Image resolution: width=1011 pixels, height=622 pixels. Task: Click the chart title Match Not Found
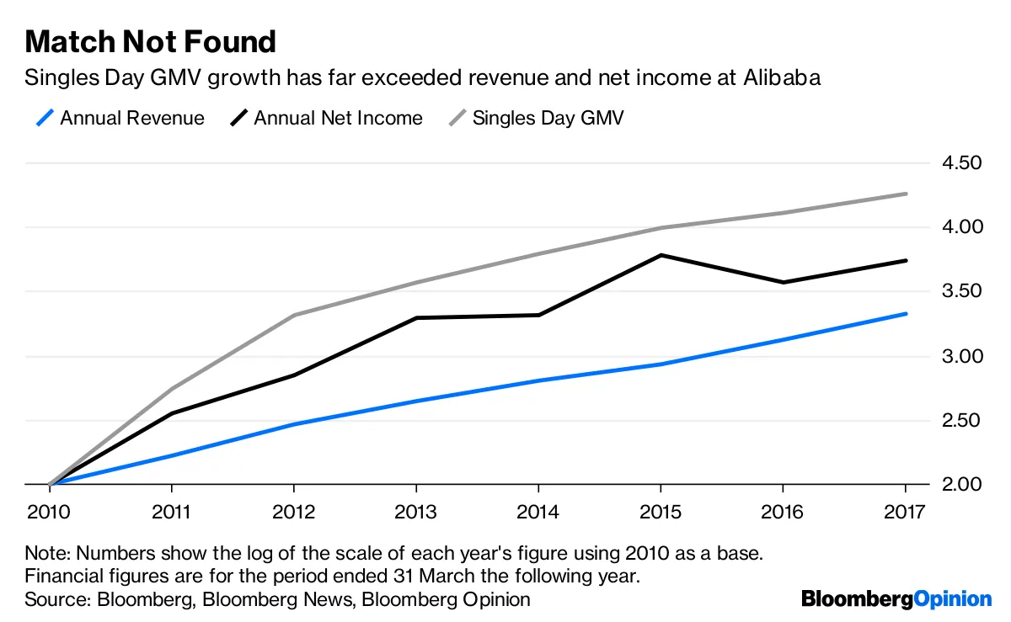click(x=151, y=41)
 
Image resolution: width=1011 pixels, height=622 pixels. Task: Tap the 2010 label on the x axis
click(x=49, y=512)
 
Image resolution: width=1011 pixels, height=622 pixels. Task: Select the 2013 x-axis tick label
click(x=416, y=512)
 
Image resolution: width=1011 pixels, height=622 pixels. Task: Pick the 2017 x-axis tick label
click(x=905, y=512)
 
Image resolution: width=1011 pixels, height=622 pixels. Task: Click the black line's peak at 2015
click(x=661, y=254)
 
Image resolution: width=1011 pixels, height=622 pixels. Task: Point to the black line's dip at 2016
click(x=784, y=282)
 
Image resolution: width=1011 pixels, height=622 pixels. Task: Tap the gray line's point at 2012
click(x=294, y=315)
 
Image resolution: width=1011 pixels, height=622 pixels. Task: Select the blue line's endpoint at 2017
click(x=906, y=314)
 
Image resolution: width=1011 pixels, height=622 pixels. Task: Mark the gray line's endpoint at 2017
click(x=906, y=194)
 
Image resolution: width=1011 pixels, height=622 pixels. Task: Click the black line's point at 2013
click(x=416, y=317)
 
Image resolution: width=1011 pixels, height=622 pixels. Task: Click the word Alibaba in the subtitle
click(x=782, y=78)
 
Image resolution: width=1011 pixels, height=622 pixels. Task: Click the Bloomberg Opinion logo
click(x=896, y=599)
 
